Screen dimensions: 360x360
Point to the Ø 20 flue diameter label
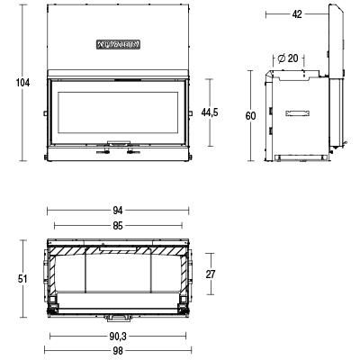(x=288, y=58)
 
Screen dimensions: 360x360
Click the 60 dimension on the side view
(x=250, y=115)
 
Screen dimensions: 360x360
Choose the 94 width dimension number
(x=117, y=211)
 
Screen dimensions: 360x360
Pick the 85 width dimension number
(x=117, y=225)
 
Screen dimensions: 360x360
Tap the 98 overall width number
(x=117, y=351)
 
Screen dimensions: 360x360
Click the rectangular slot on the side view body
(x=298, y=114)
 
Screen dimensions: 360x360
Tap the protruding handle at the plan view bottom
(x=117, y=318)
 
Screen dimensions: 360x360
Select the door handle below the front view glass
(x=117, y=143)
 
